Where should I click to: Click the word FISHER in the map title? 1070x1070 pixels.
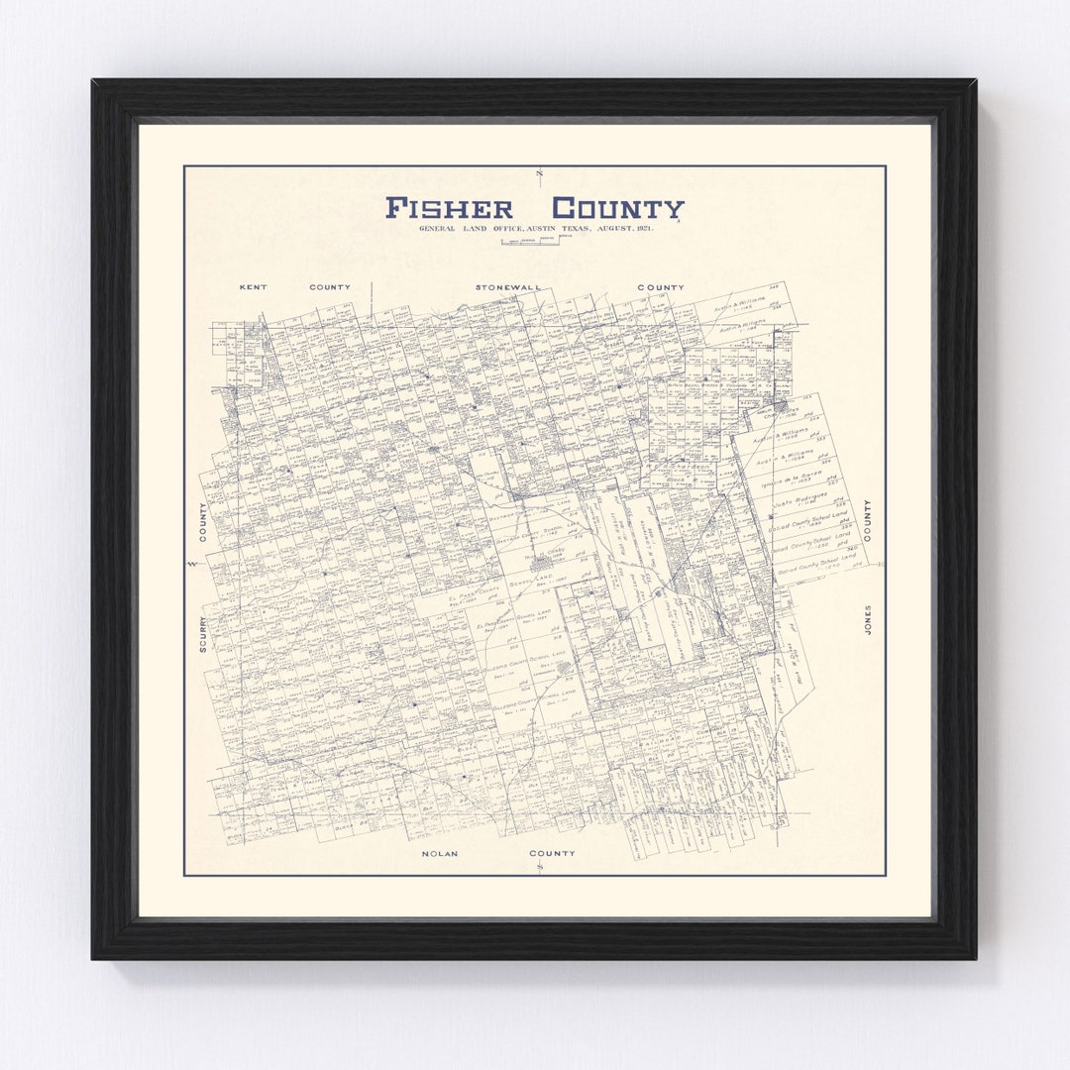449,209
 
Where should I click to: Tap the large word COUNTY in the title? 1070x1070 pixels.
617,209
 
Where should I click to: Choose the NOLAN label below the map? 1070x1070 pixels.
439,853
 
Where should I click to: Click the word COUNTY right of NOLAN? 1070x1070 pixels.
552,853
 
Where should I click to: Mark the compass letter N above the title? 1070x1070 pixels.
539,174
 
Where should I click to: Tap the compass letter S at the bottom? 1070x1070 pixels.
539,868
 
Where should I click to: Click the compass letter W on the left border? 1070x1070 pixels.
191,564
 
